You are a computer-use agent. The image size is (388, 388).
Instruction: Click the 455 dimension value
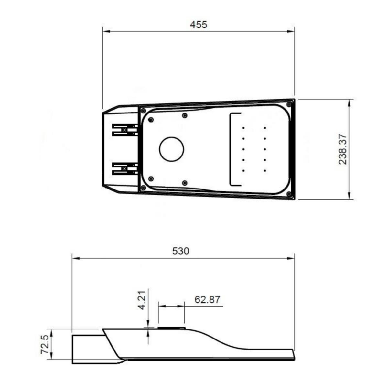pyautogui.click(x=199, y=25)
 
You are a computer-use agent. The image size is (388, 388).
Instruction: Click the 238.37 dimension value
pyautogui.click(x=343, y=149)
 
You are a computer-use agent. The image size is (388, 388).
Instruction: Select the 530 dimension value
pyautogui.click(x=181, y=251)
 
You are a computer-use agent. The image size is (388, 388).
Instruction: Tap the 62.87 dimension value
pyautogui.click(x=207, y=299)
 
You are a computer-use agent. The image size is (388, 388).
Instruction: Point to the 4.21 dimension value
pyautogui.click(x=142, y=300)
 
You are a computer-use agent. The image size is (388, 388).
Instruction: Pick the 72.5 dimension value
pyautogui.click(x=45, y=344)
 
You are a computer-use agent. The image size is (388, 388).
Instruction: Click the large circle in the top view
pyautogui.click(x=172, y=149)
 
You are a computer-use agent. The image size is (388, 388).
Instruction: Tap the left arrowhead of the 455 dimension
pyautogui.click(x=106, y=31)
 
